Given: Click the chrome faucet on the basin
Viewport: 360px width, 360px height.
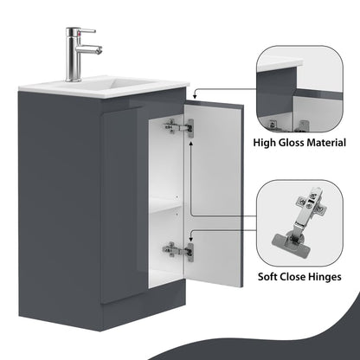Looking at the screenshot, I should coord(78,54).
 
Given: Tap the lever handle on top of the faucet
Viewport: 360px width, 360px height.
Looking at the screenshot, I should coord(77,30).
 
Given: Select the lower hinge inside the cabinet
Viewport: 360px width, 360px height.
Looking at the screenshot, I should coord(178,250).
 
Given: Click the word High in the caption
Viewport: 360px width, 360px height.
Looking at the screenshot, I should coord(270,142).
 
